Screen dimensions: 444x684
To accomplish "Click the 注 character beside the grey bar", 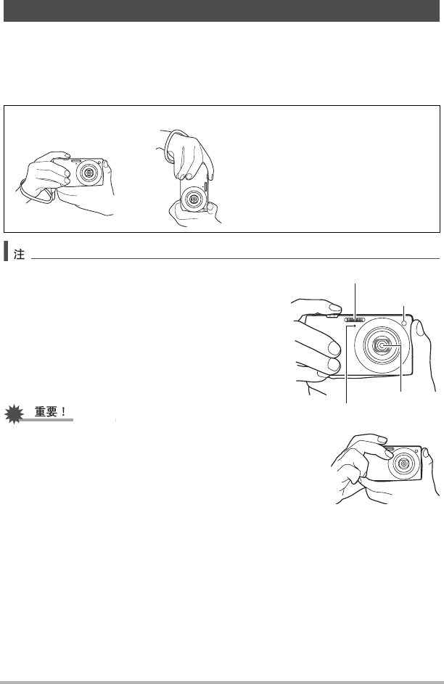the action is pyautogui.click(x=19, y=255).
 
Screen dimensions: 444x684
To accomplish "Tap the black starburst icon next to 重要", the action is pyautogui.click(x=15, y=414).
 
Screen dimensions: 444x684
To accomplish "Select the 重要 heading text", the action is pyautogui.click(x=46, y=411).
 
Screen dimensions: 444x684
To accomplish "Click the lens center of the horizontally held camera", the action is pyautogui.click(x=89, y=173).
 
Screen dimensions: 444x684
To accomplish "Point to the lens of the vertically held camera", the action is pyautogui.click(x=192, y=199).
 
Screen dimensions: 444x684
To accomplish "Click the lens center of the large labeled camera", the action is pyautogui.click(x=382, y=346).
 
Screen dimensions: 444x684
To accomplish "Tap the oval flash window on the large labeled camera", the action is pyautogui.click(x=355, y=320).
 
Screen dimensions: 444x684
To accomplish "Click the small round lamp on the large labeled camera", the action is pyautogui.click(x=405, y=323).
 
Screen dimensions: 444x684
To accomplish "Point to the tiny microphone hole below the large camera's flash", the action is pyautogui.click(x=355, y=326).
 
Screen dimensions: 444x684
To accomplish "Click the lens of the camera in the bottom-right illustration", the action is pyautogui.click(x=403, y=463).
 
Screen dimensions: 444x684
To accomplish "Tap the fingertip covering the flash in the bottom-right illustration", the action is pyautogui.click(x=387, y=453).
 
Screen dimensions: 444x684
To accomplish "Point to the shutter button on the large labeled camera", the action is pyautogui.click(x=332, y=315).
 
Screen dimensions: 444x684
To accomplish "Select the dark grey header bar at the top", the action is pyautogui.click(x=221, y=10).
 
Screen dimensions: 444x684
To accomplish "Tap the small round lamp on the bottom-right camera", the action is pyautogui.click(x=416, y=450).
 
